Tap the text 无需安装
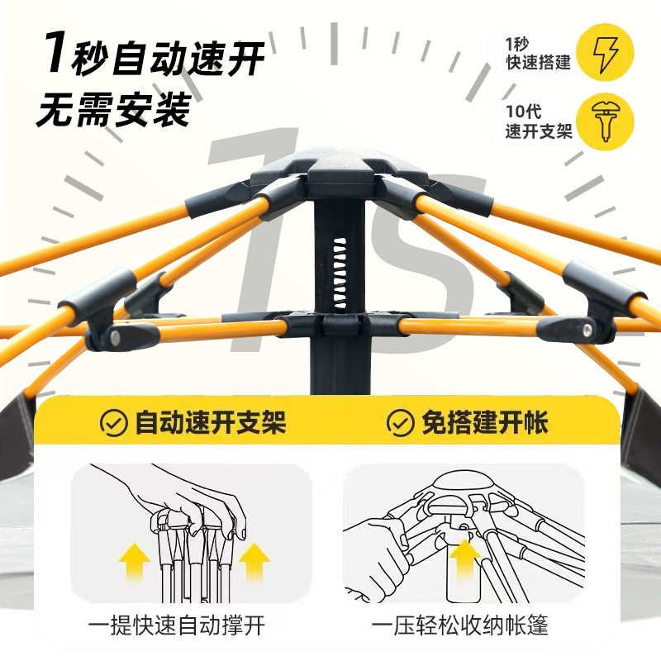point(113,108)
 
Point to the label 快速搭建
point(538,62)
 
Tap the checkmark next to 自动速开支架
point(113,424)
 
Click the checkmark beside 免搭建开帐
point(400,424)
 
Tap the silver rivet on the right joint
point(587,330)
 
